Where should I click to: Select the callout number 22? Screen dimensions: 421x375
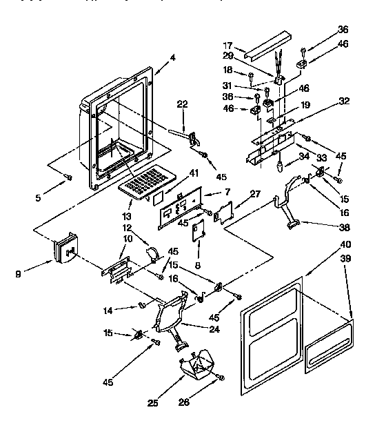pos(182,104)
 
